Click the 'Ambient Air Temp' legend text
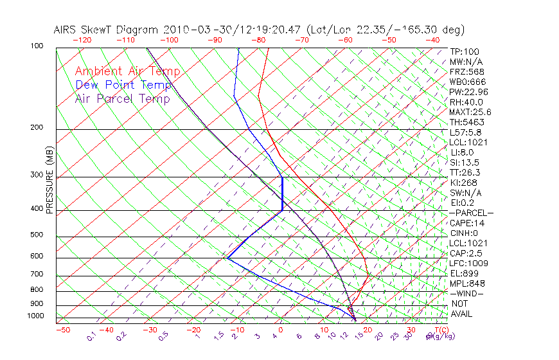(x=127, y=71)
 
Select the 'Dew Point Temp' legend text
(x=123, y=85)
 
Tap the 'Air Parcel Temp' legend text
(x=122, y=98)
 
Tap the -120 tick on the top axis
(x=82, y=40)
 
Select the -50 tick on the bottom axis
(x=62, y=330)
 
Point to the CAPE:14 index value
(x=466, y=223)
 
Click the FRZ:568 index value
(x=467, y=72)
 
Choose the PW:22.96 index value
(x=469, y=92)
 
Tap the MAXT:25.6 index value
(x=471, y=113)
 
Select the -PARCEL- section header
(x=471, y=213)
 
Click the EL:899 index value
(x=464, y=273)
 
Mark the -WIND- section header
(x=467, y=293)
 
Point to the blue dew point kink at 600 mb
(x=227, y=258)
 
